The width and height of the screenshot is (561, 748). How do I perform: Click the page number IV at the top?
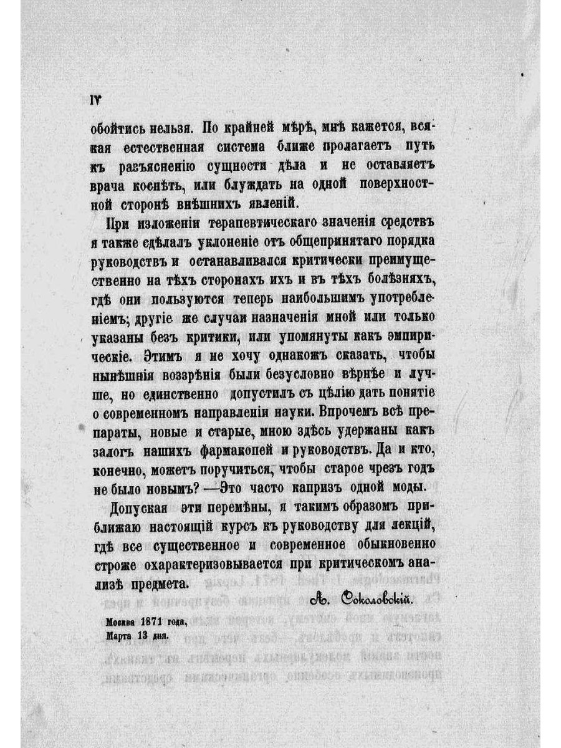[x=95, y=100]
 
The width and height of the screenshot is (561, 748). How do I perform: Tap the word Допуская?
[x=138, y=506]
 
